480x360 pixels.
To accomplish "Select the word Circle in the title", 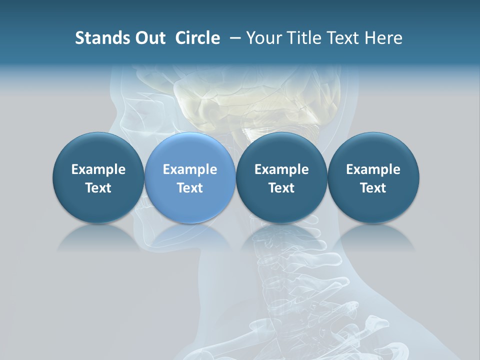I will [197, 38].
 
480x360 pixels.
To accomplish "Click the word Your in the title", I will [262, 38].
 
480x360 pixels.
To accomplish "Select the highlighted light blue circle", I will [190, 178].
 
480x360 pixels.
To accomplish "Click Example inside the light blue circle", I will [190, 169].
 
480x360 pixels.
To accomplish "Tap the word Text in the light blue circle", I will [190, 188].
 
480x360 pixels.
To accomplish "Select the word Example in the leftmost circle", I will [98, 169].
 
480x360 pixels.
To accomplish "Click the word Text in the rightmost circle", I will [373, 188].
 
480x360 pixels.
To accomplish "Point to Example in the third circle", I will [281, 169].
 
